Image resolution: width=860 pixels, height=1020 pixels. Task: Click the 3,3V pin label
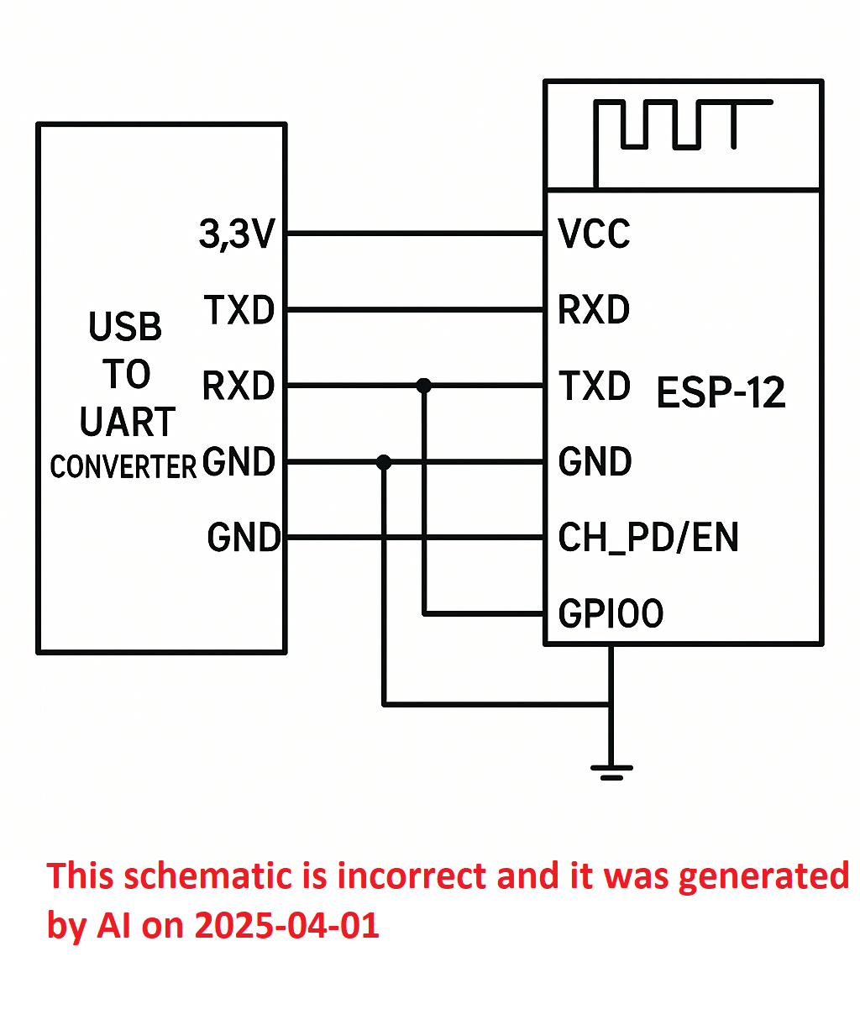(x=237, y=234)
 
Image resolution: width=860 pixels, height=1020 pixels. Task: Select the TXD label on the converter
(x=239, y=310)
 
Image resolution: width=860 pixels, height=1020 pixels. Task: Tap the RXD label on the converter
(x=239, y=386)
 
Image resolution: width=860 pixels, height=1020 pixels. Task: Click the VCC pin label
(x=594, y=234)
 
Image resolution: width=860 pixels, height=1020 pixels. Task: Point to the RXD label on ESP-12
(x=594, y=309)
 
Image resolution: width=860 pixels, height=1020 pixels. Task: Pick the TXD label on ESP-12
(x=595, y=385)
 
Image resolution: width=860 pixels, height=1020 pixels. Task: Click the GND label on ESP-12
(x=595, y=461)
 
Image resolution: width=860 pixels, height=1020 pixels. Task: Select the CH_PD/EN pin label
(x=648, y=538)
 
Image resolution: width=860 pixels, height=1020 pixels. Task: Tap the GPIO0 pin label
(x=611, y=613)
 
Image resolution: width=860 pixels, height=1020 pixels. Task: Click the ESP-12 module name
(x=721, y=392)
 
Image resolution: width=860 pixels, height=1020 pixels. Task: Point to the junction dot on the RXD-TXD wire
(x=424, y=386)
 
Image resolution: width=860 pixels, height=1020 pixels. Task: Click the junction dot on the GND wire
(x=384, y=461)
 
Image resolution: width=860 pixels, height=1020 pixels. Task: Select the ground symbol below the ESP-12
(x=611, y=773)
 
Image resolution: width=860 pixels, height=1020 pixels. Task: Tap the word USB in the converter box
(x=125, y=326)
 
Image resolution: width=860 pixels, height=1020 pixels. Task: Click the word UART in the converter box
(x=128, y=421)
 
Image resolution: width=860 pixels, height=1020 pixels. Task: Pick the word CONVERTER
(x=123, y=466)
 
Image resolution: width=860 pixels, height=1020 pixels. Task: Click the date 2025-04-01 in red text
(x=286, y=925)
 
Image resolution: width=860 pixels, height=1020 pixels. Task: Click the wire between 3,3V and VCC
(x=415, y=234)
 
